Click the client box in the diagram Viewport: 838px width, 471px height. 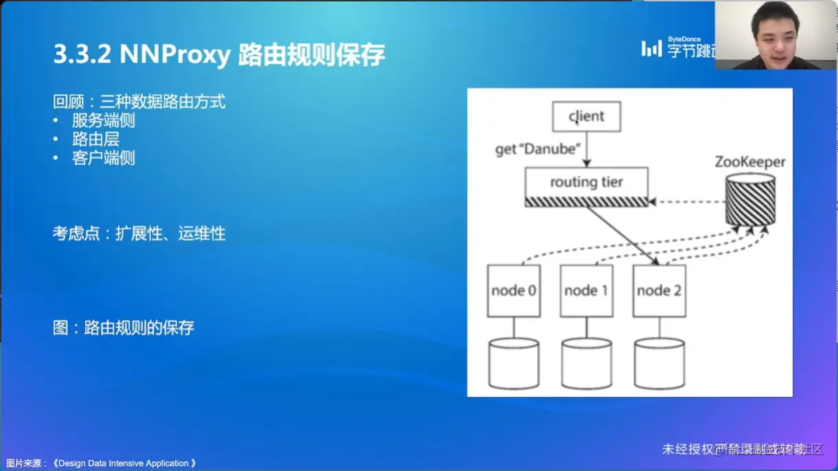(x=587, y=117)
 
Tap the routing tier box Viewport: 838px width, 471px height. (x=586, y=183)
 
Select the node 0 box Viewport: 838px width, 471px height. (x=514, y=290)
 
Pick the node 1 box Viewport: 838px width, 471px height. (x=586, y=290)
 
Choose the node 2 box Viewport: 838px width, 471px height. (x=659, y=290)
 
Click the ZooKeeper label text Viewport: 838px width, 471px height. (x=749, y=163)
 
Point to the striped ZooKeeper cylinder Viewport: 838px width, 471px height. (x=750, y=200)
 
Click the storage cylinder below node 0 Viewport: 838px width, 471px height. (x=514, y=364)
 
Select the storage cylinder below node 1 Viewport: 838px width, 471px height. (x=586, y=364)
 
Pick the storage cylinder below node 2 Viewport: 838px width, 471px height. (x=659, y=364)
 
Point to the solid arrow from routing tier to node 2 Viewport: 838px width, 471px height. (x=622, y=235)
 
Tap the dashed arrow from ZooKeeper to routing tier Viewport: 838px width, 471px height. (x=687, y=202)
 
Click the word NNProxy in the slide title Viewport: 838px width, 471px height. (x=174, y=55)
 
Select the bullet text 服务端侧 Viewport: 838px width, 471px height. (x=103, y=121)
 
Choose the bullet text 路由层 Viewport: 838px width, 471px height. (x=95, y=139)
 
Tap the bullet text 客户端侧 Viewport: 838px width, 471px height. (x=103, y=158)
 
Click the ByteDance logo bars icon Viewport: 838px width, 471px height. (x=651, y=48)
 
